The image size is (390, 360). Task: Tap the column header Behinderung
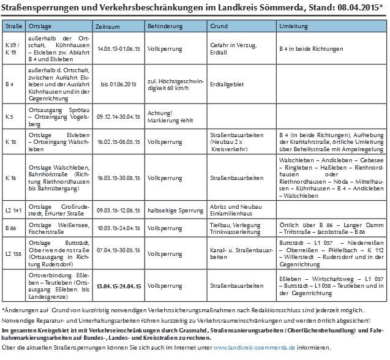(166, 28)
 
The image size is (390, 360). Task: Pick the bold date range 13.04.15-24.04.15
(119, 285)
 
